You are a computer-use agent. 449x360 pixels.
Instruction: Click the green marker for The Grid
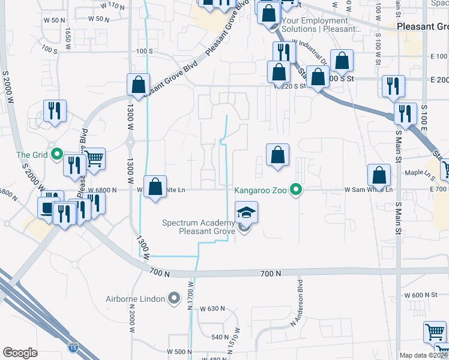(57, 155)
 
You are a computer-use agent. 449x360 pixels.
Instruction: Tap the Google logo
(20, 353)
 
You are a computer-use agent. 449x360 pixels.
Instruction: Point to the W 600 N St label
(420, 295)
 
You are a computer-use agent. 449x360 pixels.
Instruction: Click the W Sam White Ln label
(369, 190)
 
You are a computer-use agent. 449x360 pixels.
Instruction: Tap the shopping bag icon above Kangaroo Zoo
(277, 155)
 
